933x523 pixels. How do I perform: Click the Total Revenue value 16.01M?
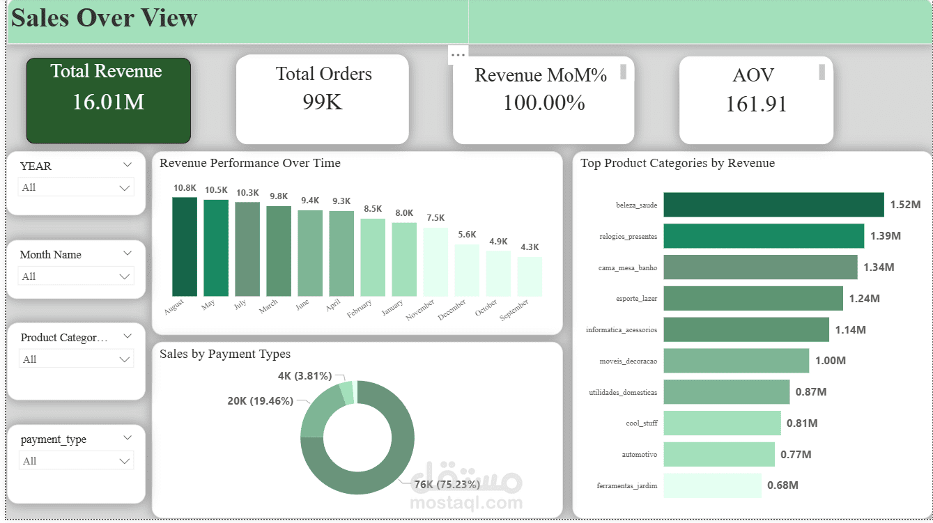pos(108,102)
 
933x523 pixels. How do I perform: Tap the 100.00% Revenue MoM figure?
pos(543,103)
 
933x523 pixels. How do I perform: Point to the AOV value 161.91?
pos(756,104)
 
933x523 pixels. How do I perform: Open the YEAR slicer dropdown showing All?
pos(76,187)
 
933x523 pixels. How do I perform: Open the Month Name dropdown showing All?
pos(76,276)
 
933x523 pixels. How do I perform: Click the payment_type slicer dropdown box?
pos(76,461)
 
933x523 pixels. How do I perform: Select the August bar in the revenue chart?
pos(185,247)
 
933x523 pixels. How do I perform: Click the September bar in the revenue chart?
pos(530,276)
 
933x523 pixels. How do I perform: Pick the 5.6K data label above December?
pos(467,235)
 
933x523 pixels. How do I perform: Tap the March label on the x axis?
pos(268,306)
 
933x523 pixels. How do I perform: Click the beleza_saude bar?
pos(773,205)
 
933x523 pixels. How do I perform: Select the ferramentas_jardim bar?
pos(711,485)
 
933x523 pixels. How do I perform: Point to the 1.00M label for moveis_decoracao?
pos(830,361)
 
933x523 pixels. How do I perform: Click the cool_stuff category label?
pos(641,423)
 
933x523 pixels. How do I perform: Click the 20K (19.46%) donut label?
pos(260,401)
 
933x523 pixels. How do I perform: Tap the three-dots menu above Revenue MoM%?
pos(458,54)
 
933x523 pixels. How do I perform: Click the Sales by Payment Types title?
pos(225,354)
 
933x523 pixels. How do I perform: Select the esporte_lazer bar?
pos(753,298)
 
